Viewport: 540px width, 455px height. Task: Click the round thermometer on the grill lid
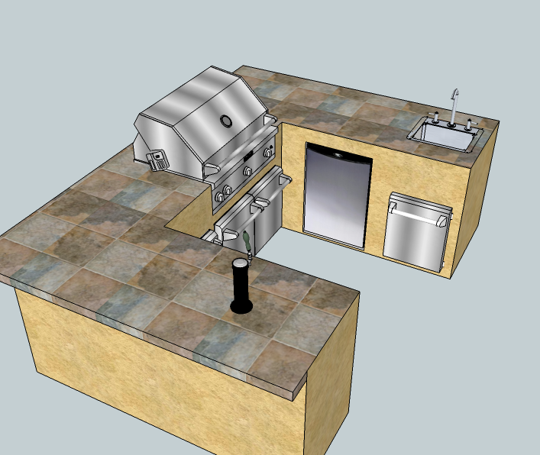(x=226, y=121)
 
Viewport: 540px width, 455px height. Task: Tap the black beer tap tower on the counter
(x=240, y=282)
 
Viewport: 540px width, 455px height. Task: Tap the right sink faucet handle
(x=469, y=122)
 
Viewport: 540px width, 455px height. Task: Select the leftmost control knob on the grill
(x=220, y=197)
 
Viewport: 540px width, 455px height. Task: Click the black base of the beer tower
(x=241, y=308)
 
